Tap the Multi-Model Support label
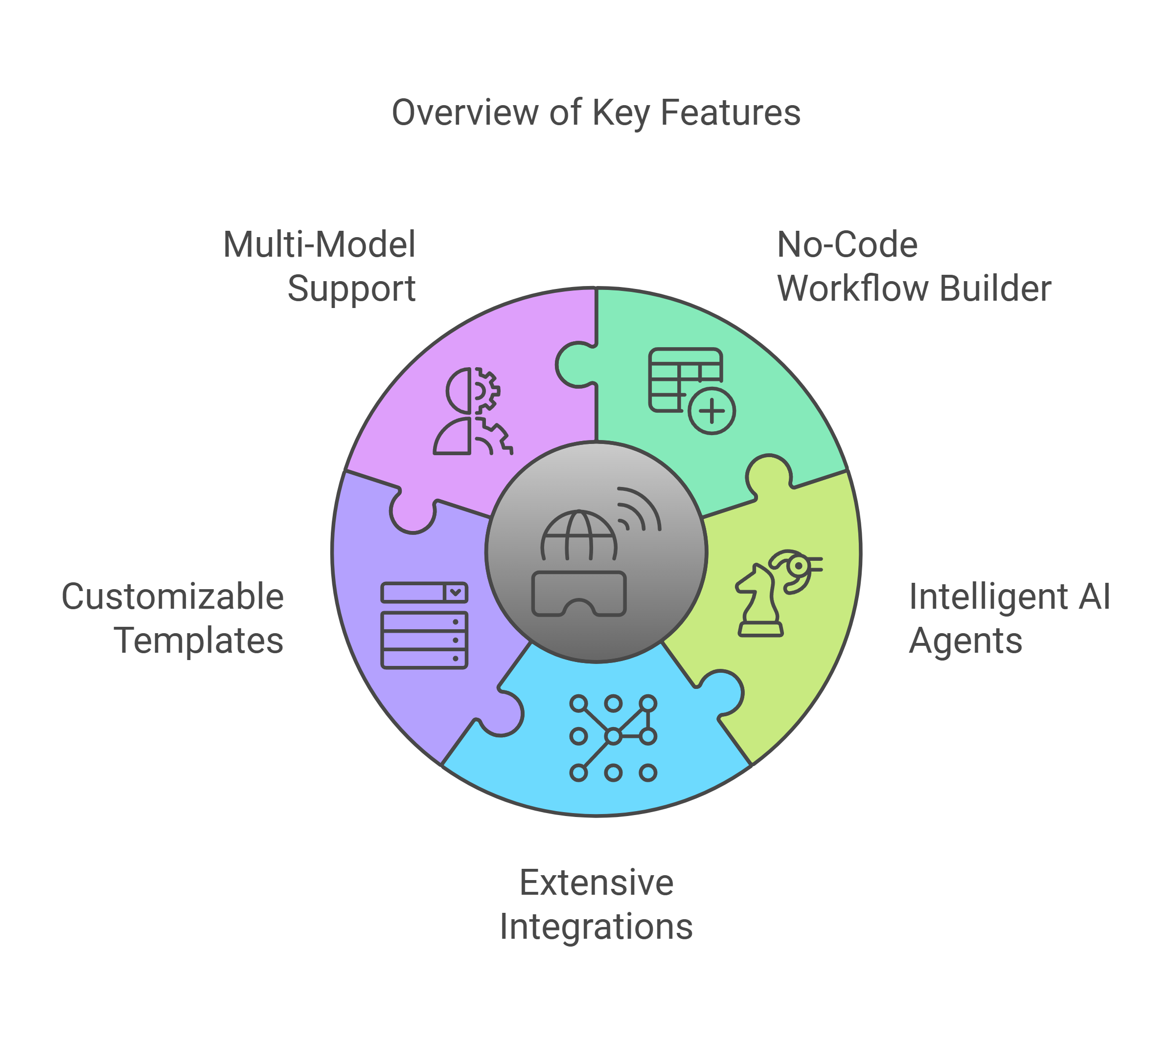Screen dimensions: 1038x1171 coord(320,266)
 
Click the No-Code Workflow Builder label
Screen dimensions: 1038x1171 coord(914,266)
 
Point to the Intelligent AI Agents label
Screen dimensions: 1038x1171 coord(1009,618)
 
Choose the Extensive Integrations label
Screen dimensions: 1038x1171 coord(596,905)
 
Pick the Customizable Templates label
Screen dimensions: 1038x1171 coord(173,618)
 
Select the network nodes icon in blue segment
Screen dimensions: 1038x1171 coord(613,737)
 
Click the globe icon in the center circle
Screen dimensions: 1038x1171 coord(578,536)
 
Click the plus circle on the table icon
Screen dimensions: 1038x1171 coord(712,411)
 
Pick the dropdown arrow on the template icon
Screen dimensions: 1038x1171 coord(456,592)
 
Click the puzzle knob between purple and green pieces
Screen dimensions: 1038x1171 coord(574,365)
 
